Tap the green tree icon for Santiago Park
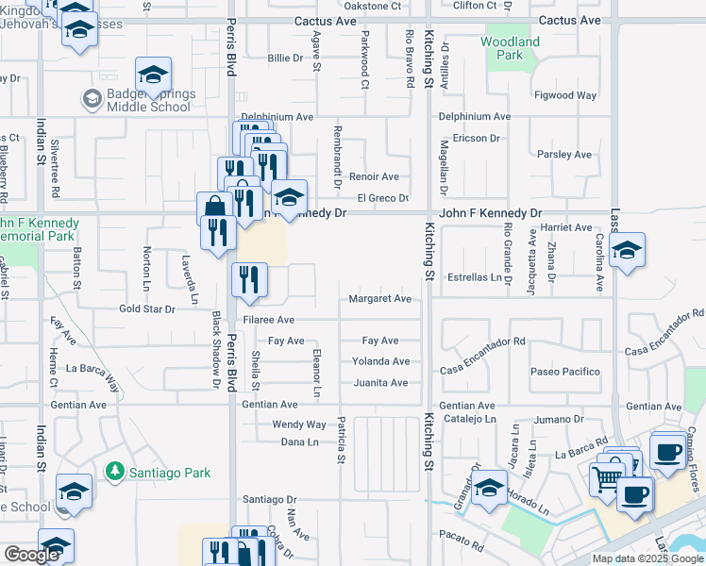(x=114, y=470)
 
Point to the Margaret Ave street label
(x=379, y=299)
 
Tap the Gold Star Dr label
(x=147, y=309)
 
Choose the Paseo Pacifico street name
(x=565, y=372)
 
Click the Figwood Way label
(x=565, y=95)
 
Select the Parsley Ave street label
(x=563, y=155)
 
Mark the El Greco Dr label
(x=382, y=198)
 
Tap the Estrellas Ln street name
(x=472, y=278)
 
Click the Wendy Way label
(x=298, y=425)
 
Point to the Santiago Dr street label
(x=269, y=499)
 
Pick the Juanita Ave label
(x=379, y=383)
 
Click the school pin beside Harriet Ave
(x=627, y=251)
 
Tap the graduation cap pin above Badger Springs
(x=153, y=75)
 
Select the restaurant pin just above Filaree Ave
(x=250, y=280)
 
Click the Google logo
(x=31, y=555)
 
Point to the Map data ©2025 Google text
(x=646, y=558)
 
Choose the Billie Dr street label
(x=285, y=58)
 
